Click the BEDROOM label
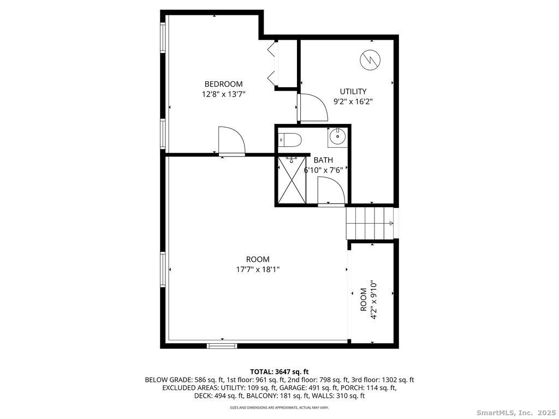[223, 84]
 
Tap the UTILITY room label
[353, 92]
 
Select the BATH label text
[323, 160]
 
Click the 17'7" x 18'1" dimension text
[258, 269]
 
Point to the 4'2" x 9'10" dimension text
[374, 300]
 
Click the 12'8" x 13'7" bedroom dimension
[223, 94]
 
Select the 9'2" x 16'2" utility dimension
[353, 101]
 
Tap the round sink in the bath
[337, 136]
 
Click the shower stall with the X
[292, 180]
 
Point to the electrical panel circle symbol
[371, 60]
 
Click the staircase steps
[370, 223]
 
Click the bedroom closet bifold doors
[273, 64]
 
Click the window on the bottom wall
[222, 345]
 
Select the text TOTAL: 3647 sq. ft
[279, 372]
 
